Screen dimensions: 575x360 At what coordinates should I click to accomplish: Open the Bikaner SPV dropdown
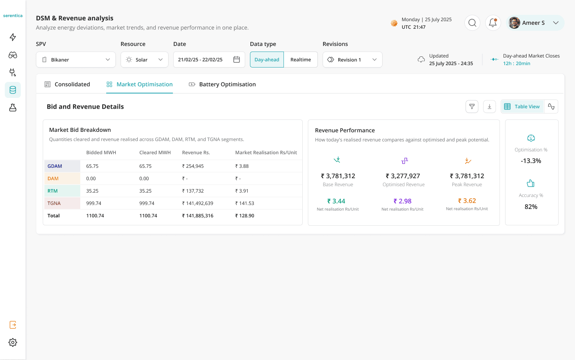pyautogui.click(x=76, y=60)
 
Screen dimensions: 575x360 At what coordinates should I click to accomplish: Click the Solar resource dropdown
pyautogui.click(x=144, y=60)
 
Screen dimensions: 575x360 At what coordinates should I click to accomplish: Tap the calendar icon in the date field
pyautogui.click(x=236, y=60)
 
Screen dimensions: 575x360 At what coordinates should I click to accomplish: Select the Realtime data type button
pyautogui.click(x=301, y=60)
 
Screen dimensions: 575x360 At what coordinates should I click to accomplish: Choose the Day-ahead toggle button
pyautogui.click(x=267, y=60)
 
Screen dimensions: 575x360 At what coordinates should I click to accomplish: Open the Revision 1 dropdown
pyautogui.click(x=352, y=60)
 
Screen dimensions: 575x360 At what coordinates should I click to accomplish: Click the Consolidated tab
pyautogui.click(x=67, y=84)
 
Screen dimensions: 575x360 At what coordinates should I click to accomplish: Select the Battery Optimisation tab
pyautogui.click(x=222, y=84)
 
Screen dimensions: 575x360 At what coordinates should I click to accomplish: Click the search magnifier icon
pyautogui.click(x=472, y=23)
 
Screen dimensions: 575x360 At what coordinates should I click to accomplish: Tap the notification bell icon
pyautogui.click(x=493, y=23)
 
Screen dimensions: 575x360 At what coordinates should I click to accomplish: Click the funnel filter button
pyautogui.click(x=472, y=107)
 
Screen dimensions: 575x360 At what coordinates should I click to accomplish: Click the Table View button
pyautogui.click(x=522, y=107)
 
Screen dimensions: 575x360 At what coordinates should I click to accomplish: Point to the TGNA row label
pyautogui.click(x=54, y=203)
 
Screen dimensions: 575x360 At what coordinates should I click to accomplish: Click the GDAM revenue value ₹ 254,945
pyautogui.click(x=193, y=166)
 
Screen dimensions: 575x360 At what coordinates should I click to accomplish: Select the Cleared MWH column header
pyautogui.click(x=155, y=153)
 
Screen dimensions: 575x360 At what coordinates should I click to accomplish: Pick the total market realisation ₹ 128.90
pyautogui.click(x=245, y=216)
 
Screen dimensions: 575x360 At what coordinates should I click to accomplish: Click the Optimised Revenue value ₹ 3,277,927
pyautogui.click(x=403, y=176)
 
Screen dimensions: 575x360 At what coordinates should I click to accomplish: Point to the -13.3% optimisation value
pyautogui.click(x=531, y=161)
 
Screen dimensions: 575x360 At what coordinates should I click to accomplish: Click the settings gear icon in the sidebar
pyautogui.click(x=13, y=342)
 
